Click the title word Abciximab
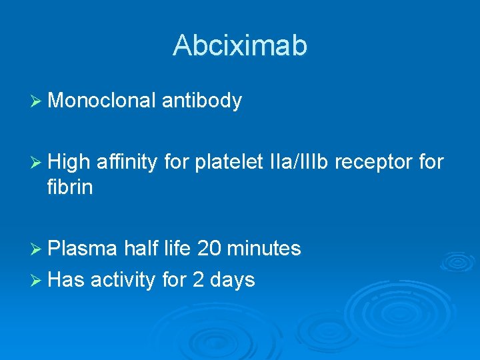(240, 45)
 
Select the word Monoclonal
(102, 101)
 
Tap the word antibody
(202, 101)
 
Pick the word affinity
(127, 162)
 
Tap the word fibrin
(70, 188)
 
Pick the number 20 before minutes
(209, 249)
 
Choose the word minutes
(264, 249)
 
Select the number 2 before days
(198, 280)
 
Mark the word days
(233, 280)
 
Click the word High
(69, 162)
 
